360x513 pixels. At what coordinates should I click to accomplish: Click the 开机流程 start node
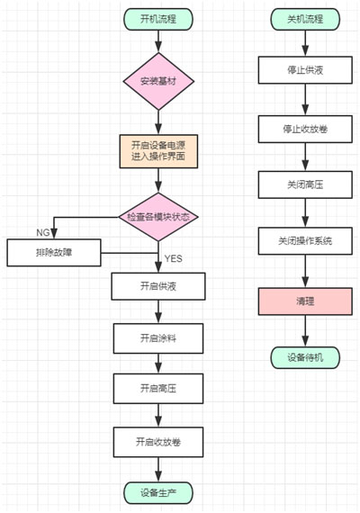pyautogui.click(x=158, y=18)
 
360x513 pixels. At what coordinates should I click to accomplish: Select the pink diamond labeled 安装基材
pyautogui.click(x=158, y=81)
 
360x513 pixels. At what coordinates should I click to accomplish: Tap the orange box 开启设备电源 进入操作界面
pyautogui.click(x=158, y=152)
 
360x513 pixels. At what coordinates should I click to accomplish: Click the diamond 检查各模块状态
pyautogui.click(x=158, y=217)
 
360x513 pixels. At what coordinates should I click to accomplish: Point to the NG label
pyautogui.click(x=43, y=232)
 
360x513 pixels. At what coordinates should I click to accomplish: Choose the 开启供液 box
pyautogui.click(x=158, y=286)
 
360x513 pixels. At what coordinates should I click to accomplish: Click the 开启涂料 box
pyautogui.click(x=158, y=337)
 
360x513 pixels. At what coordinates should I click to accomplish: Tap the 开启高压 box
pyautogui.click(x=158, y=389)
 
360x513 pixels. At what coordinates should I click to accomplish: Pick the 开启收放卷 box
pyautogui.click(x=158, y=441)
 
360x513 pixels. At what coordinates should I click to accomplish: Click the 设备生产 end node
pyautogui.click(x=158, y=491)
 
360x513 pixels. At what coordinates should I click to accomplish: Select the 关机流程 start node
pyautogui.click(x=305, y=18)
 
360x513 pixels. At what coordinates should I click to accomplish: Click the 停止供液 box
pyautogui.click(x=305, y=70)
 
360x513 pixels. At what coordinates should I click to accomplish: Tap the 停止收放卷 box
pyautogui.click(x=305, y=129)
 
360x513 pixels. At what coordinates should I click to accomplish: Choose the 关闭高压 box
pyautogui.click(x=305, y=185)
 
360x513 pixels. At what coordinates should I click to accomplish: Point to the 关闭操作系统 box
pyautogui.click(x=305, y=243)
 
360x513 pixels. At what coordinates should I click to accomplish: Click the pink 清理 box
pyautogui.click(x=305, y=301)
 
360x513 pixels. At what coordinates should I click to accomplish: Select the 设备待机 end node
pyautogui.click(x=305, y=357)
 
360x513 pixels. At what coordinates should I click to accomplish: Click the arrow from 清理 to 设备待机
pyautogui.click(x=305, y=330)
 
